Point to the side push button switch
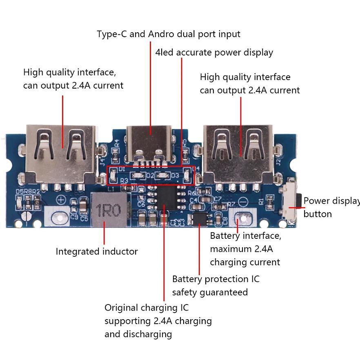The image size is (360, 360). point(293,202)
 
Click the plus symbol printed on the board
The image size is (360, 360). point(61,200)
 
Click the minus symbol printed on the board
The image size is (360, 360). point(242,202)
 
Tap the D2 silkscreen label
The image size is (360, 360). point(150,176)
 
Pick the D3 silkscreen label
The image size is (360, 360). point(175,176)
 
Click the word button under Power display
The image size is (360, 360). point(318,214)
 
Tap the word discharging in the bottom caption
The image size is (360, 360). point(138,334)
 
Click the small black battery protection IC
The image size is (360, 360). point(200,218)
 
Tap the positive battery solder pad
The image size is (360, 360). point(58,215)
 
